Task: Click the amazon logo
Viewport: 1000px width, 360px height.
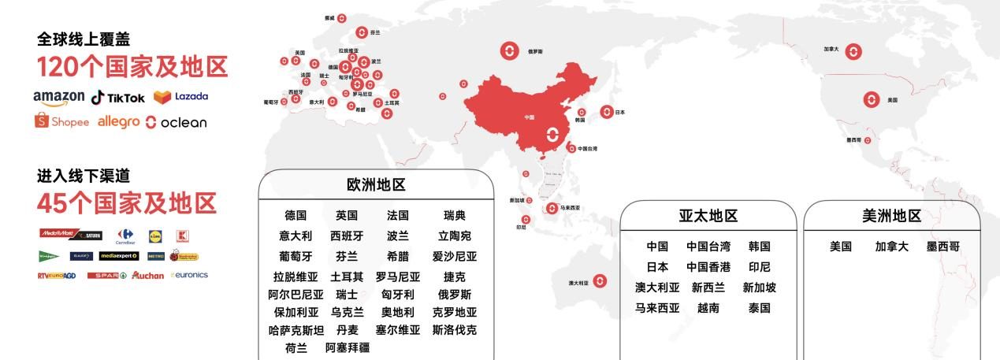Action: (58, 97)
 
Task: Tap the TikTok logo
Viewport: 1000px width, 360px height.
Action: (118, 97)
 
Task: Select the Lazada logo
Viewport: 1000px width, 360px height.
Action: (180, 96)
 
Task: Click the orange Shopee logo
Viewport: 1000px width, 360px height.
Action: (61, 121)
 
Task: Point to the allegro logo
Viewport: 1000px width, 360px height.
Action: (118, 121)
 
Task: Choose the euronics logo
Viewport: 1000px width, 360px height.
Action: (189, 275)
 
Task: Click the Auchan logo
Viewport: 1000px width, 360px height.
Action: (148, 275)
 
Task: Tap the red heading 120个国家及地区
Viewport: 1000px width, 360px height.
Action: (132, 66)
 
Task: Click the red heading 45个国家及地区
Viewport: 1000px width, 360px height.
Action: (126, 203)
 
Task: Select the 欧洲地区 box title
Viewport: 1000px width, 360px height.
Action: (376, 185)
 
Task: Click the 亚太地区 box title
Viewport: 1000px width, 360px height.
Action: (708, 216)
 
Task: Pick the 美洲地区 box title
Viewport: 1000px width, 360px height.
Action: (891, 216)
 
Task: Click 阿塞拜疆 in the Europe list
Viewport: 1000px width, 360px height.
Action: (348, 347)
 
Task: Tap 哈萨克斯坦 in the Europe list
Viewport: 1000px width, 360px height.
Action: (296, 330)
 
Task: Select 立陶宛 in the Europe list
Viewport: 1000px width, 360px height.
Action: (454, 236)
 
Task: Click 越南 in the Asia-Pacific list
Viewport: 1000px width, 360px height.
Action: (708, 308)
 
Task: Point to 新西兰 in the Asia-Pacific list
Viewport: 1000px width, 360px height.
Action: (708, 288)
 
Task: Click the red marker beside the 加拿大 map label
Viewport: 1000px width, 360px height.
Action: (853, 52)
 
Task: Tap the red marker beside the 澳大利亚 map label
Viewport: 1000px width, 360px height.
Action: (600, 281)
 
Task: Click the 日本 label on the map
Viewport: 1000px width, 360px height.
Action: (619, 113)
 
